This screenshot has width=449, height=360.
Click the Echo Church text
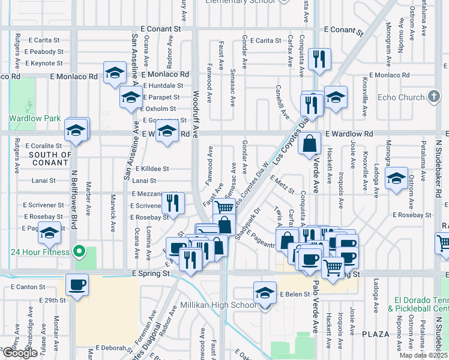pos(401,97)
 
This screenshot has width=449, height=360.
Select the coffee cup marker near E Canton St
pos(77,284)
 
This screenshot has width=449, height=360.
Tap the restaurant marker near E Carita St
pos(318,59)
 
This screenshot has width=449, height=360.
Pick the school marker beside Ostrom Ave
pos(396,178)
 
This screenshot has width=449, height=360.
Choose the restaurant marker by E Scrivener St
pos(173,203)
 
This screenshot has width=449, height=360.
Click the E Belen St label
pos(293,295)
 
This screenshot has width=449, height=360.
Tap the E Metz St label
pos(282,184)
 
